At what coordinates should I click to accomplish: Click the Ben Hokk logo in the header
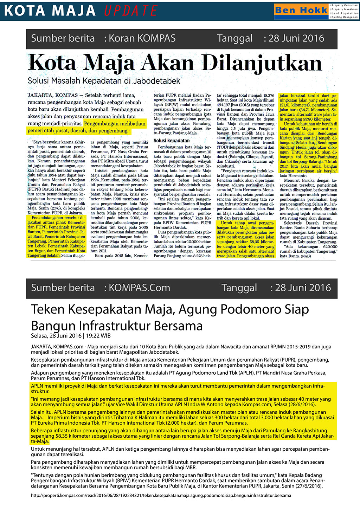click(301, 11)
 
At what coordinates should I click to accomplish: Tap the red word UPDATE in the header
click(131, 11)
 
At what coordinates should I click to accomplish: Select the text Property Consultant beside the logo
click(345, 6)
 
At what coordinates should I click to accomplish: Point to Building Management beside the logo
click(345, 17)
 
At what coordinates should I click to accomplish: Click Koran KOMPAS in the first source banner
click(142, 38)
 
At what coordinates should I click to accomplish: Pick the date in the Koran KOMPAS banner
click(296, 38)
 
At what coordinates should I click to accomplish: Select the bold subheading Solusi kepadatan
click(172, 141)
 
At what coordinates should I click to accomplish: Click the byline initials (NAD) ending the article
click(306, 256)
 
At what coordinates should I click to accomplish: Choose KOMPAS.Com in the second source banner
click(139, 288)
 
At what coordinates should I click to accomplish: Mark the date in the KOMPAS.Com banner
click(303, 288)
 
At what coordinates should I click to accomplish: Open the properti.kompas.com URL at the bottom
click(161, 496)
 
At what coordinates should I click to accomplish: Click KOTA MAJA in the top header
click(50, 11)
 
